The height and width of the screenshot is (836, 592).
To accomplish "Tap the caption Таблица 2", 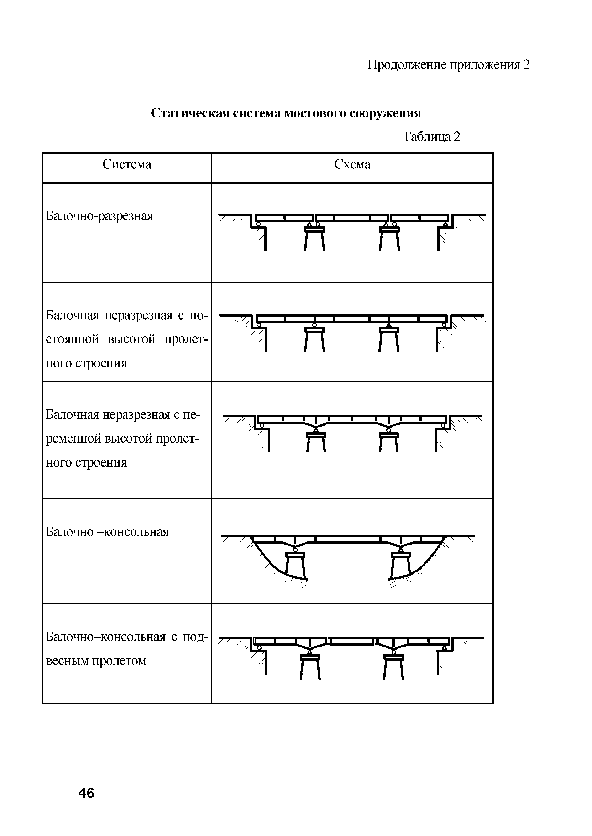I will [431, 137].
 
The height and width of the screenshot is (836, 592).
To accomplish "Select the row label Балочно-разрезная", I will [100, 216].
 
